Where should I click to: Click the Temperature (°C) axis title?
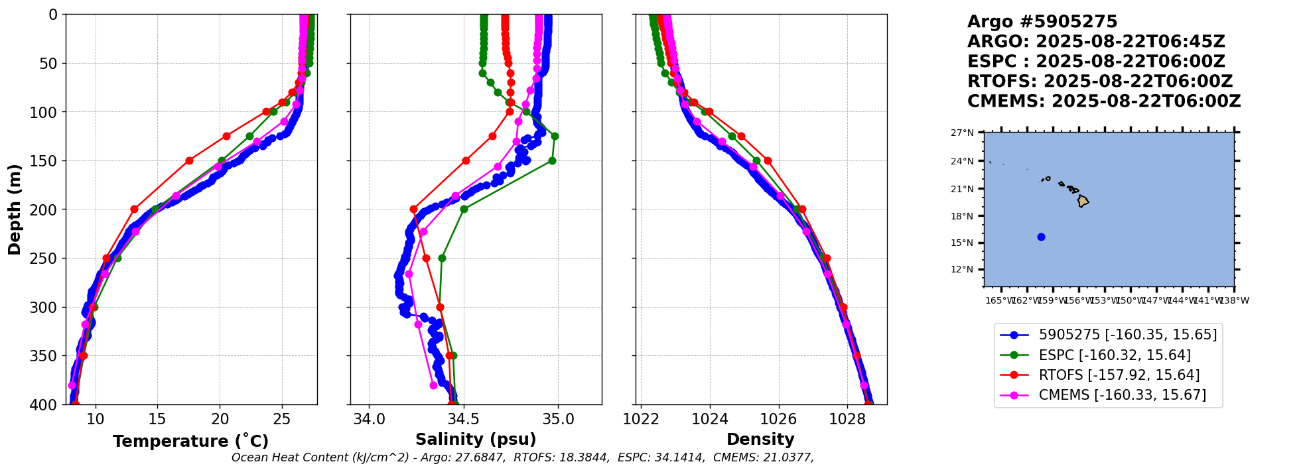pos(190,442)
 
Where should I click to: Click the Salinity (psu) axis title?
pos(476,440)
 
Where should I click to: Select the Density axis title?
pos(760,440)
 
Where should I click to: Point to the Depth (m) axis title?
pos(15,209)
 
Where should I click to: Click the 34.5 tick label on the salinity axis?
pos(463,419)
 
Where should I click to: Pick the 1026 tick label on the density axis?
pos(778,419)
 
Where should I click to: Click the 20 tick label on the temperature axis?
pos(220,419)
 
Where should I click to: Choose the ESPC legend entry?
pos(1114,355)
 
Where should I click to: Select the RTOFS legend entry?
pos(1119,375)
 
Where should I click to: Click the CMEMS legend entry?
pos(1122,395)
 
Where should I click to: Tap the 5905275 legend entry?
pos(1127,335)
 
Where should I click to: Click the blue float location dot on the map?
pos(1041,237)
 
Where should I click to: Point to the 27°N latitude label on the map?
pos(962,133)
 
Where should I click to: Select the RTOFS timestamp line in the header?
pos(1099,82)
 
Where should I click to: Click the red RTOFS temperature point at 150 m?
pos(189,160)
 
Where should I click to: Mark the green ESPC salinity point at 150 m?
pos(552,160)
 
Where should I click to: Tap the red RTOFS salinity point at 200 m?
pos(414,209)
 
